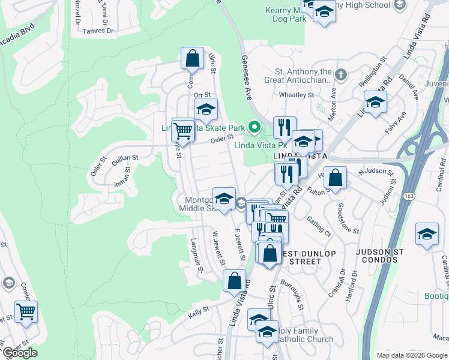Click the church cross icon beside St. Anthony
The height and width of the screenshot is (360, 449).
point(341,75)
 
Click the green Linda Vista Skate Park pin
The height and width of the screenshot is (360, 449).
point(255,127)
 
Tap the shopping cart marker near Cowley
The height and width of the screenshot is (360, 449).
point(26,311)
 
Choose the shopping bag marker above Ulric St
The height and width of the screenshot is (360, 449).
point(192,58)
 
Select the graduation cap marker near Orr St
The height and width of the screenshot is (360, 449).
point(206,109)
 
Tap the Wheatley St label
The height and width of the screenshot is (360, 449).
point(297,95)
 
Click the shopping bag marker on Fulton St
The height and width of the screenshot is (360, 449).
point(336,177)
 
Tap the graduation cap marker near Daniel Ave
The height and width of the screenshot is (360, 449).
point(375,101)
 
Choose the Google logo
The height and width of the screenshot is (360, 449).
point(20,353)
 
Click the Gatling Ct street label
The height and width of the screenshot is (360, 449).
point(319,224)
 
